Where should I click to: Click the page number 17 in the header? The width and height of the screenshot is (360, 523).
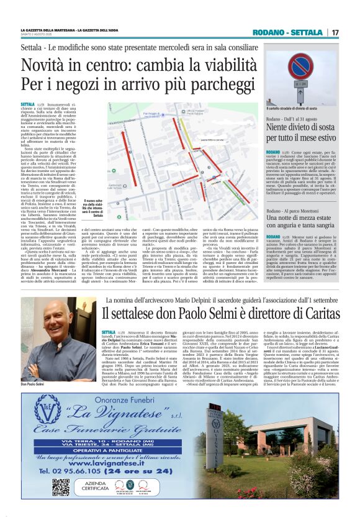click(x=335, y=32)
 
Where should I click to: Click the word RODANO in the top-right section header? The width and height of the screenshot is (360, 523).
click(x=281, y=32)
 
